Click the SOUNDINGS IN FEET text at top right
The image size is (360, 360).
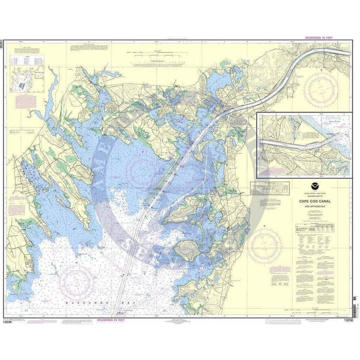[x=319, y=37]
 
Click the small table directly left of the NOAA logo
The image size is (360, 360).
[x=270, y=189]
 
